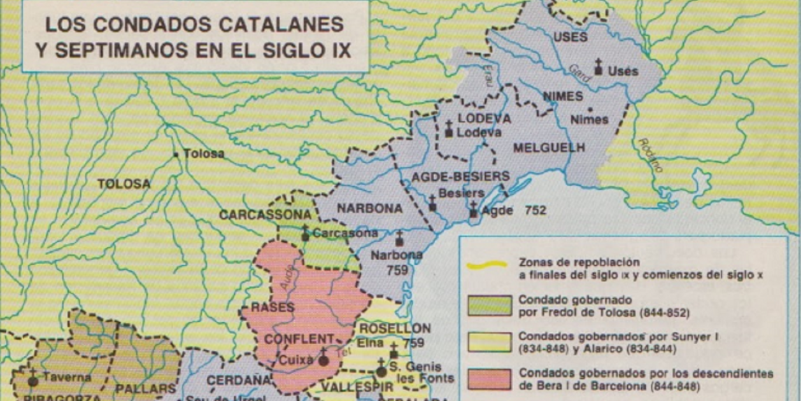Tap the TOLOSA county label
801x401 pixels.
coord(124,184)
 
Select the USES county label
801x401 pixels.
coord(571,38)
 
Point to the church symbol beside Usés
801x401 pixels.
coord(598,66)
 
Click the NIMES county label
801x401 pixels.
coord(564,96)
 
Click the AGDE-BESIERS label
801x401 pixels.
coord(460,176)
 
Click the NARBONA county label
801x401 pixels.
coord(370,208)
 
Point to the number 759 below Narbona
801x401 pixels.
coord(397,270)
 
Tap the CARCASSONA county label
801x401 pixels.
coord(264,215)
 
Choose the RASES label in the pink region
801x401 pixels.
coord(273,307)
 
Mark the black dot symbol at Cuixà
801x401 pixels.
coord(323,360)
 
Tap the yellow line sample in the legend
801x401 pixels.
coord(487,265)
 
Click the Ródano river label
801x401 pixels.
coord(650,156)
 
